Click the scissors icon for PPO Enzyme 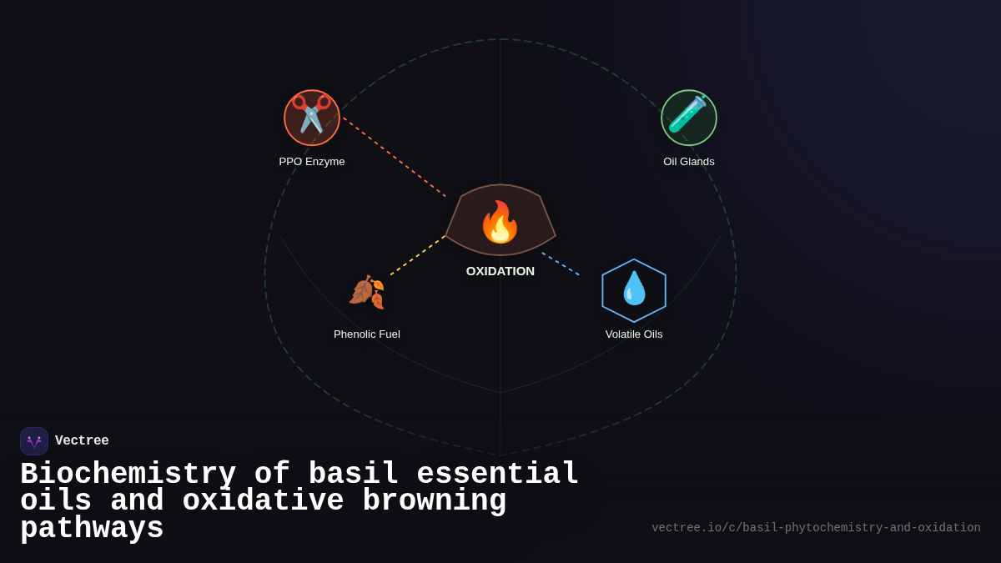click(312, 117)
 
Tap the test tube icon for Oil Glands click(689, 117)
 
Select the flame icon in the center click(500, 222)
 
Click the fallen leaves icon click(367, 292)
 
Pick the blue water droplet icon click(634, 289)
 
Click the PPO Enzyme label click(312, 162)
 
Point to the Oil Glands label click(689, 162)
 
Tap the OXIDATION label click(500, 271)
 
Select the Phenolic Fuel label click(367, 334)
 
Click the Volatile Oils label click(634, 334)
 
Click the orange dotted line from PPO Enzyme click(394, 157)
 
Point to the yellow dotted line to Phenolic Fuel click(417, 256)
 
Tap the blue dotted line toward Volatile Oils click(561, 264)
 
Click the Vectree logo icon click(34, 441)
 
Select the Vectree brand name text click(82, 441)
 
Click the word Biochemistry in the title click(128, 475)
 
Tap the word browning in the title click(435, 501)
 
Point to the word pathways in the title click(92, 529)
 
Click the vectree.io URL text click(816, 528)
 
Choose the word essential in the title click(497, 475)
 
